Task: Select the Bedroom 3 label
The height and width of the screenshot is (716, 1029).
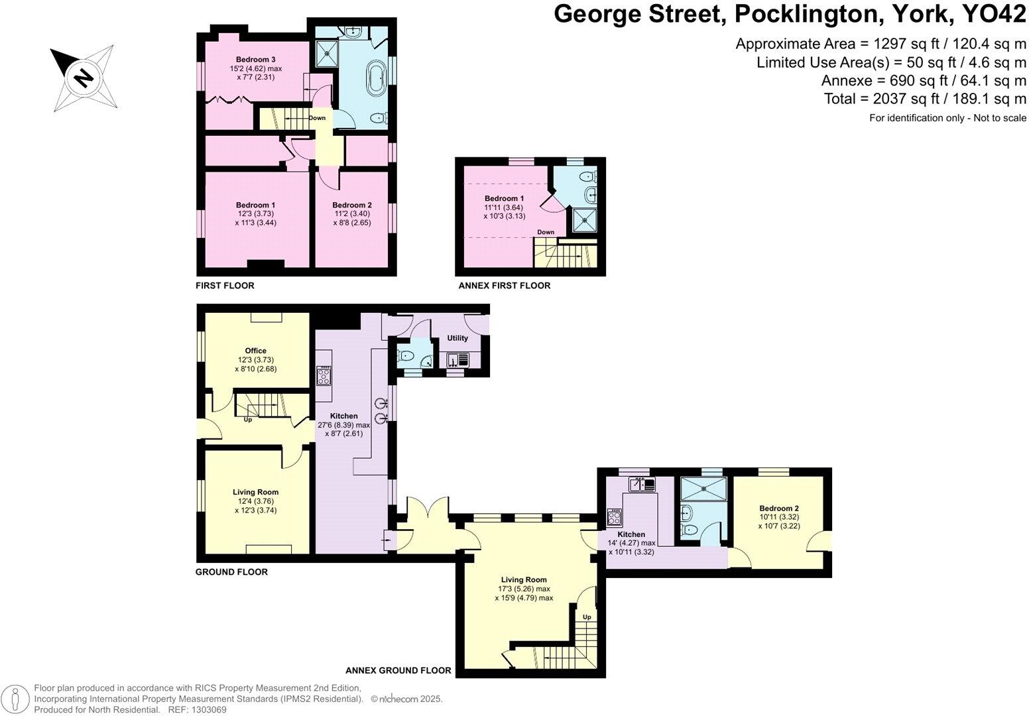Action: coord(255,60)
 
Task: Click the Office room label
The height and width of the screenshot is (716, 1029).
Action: coord(255,351)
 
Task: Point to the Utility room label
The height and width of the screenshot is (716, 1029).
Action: coord(457,338)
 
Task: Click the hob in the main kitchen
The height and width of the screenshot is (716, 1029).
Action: coord(324,377)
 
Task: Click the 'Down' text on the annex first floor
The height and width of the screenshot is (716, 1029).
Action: coord(546,232)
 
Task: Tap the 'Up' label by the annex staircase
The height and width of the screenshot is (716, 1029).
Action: coord(587,617)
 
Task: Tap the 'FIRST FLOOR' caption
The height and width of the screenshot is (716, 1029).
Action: coord(225,286)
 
